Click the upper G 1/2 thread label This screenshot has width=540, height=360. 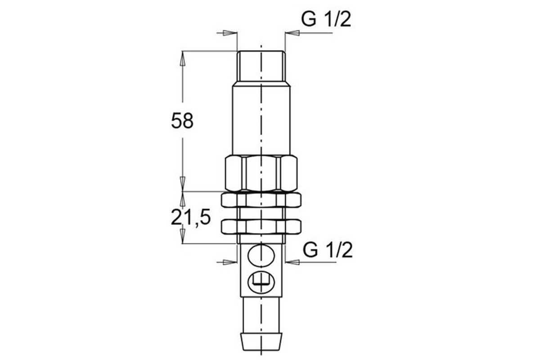[326, 19]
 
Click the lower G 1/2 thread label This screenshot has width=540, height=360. [328, 250]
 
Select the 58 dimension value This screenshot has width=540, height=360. [182, 121]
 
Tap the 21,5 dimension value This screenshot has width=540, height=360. [191, 217]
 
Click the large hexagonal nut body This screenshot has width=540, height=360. [261, 173]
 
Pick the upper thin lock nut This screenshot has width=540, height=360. [261, 200]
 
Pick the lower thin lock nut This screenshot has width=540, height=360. [261, 226]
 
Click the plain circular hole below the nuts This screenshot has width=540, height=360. [261, 256]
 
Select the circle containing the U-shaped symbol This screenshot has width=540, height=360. [261, 282]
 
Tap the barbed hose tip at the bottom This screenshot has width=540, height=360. [261, 342]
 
